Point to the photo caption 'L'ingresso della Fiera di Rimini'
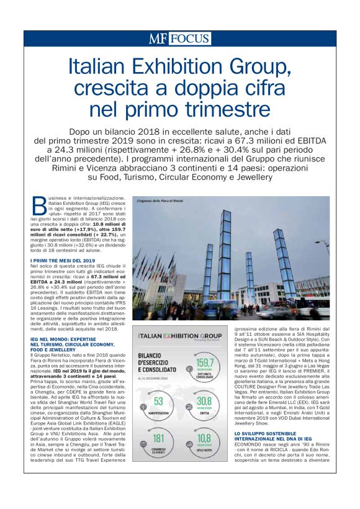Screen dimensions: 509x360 click(x=158, y=201)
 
